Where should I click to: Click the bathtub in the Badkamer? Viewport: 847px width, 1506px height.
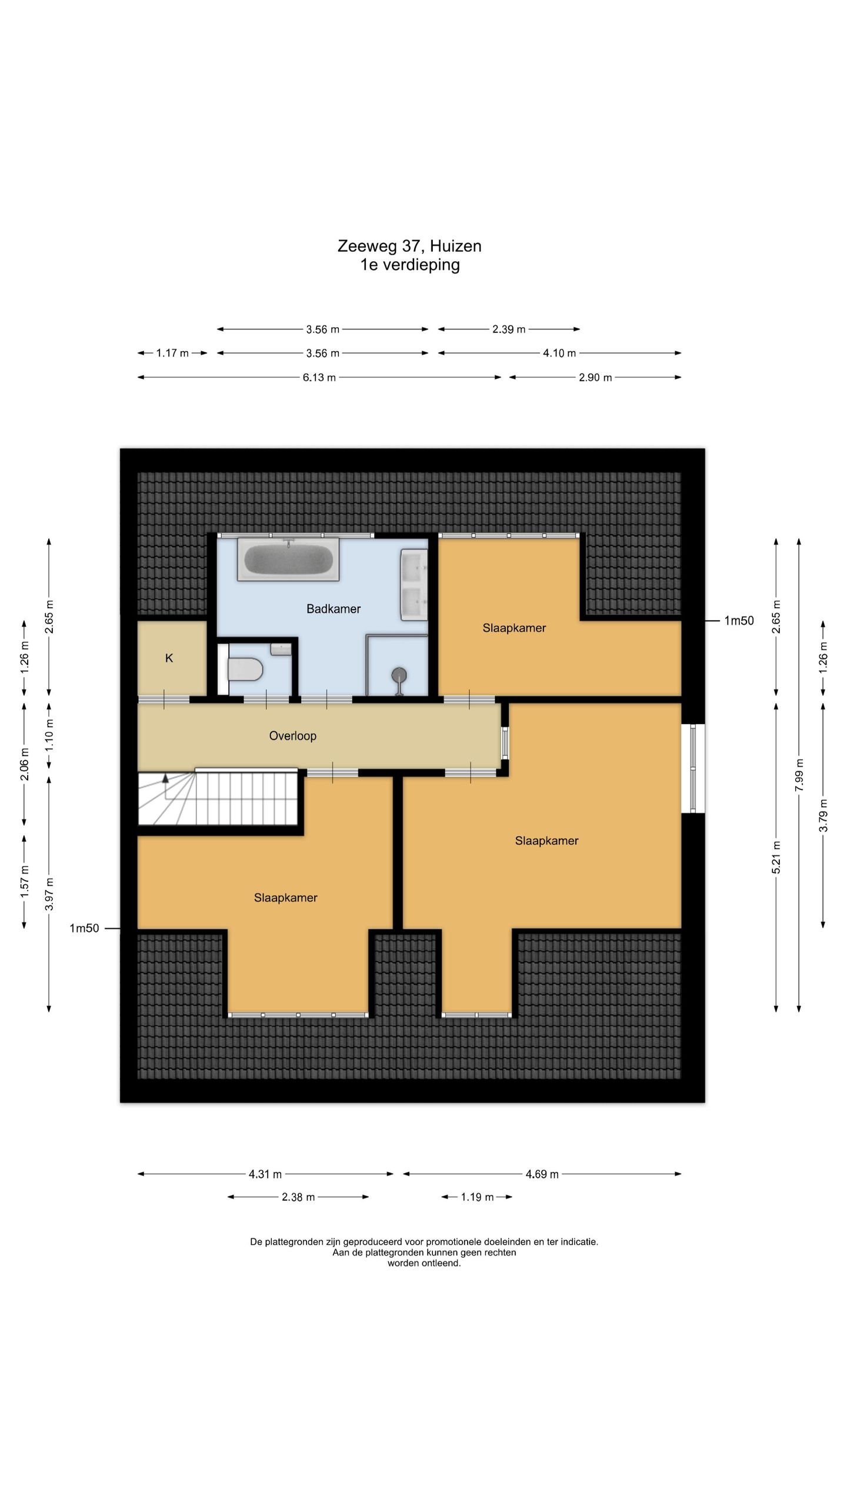[x=288, y=559]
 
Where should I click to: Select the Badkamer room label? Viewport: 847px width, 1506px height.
[x=334, y=609]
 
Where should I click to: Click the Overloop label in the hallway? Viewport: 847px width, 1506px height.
[x=293, y=736]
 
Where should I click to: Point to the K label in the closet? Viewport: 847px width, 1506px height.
[x=169, y=658]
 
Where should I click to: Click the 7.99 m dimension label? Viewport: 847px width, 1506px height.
[x=799, y=775]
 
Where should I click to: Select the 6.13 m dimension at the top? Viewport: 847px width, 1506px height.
[x=319, y=378]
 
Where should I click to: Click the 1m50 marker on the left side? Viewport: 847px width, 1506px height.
[x=84, y=928]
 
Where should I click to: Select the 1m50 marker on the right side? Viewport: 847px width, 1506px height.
[x=739, y=621]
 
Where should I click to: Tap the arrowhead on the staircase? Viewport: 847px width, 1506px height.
[x=166, y=778]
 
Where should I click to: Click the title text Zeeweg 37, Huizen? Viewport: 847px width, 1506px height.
[x=409, y=246]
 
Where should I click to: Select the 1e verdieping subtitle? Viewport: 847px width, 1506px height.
[x=410, y=265]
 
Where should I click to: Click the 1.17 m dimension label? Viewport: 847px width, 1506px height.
[x=172, y=354]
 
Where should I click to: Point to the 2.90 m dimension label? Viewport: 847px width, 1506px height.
[x=595, y=378]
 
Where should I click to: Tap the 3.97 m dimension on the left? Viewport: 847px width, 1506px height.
[x=49, y=894]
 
